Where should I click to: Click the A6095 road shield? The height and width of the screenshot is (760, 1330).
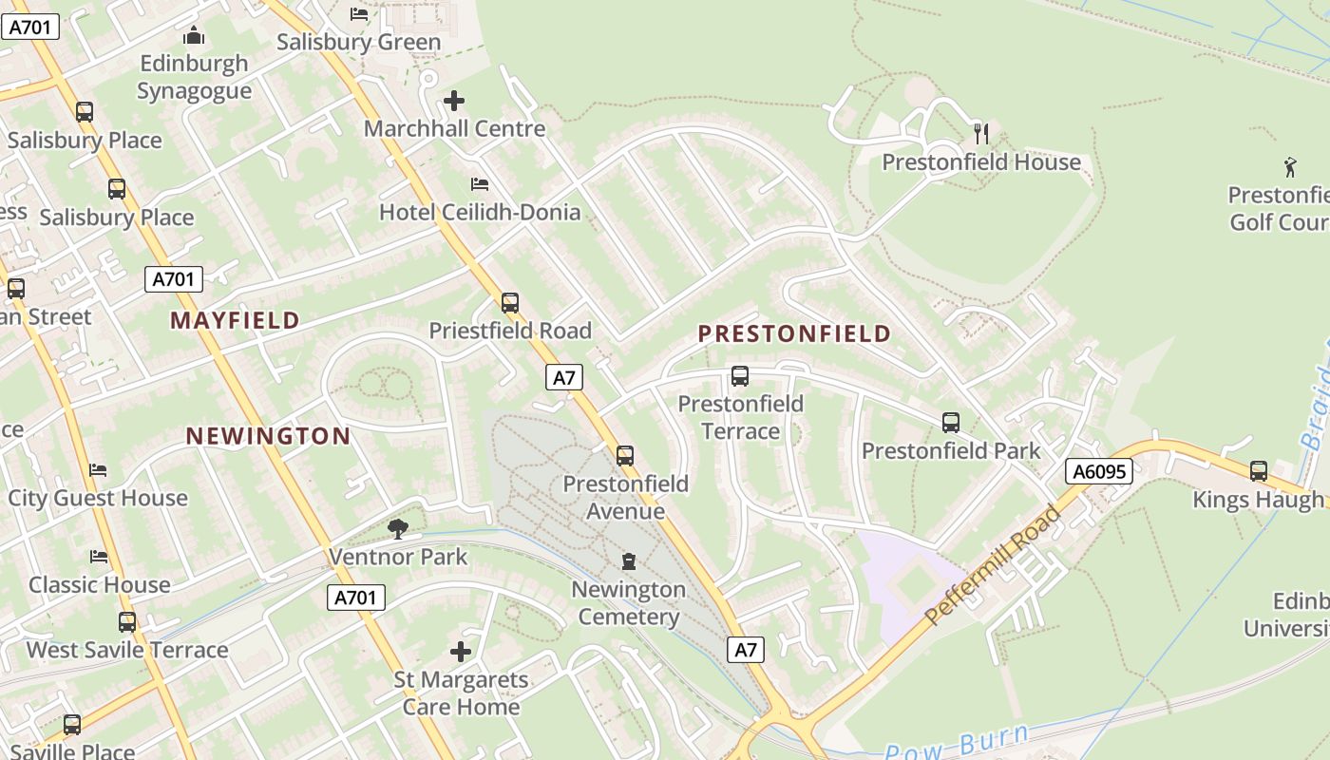click(x=1099, y=471)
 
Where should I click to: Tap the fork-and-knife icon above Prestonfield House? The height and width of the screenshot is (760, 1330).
click(x=981, y=133)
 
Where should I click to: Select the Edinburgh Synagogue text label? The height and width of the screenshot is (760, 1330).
click(x=194, y=77)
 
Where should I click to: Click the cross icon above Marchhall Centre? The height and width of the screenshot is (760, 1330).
click(x=454, y=100)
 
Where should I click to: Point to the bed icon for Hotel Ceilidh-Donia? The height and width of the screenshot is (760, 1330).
click(x=480, y=183)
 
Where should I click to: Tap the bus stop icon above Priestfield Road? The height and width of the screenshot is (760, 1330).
click(x=510, y=303)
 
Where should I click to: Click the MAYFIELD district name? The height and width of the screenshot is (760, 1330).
click(x=235, y=321)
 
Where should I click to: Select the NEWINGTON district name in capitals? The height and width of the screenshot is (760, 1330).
click(x=268, y=436)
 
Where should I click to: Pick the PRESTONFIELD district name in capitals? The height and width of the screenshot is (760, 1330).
click(x=794, y=333)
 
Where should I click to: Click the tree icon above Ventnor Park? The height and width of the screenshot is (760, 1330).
click(x=398, y=528)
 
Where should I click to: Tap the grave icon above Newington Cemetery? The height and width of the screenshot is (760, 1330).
click(x=628, y=561)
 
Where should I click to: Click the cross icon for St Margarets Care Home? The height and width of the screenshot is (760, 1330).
click(x=461, y=651)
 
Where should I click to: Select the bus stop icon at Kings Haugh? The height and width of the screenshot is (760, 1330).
click(x=1259, y=470)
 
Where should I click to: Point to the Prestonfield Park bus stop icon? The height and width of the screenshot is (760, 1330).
click(x=951, y=423)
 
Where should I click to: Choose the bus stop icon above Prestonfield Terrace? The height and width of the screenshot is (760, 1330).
click(x=740, y=376)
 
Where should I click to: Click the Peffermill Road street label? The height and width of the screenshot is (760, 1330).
click(x=993, y=565)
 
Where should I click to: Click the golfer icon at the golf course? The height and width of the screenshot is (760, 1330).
click(x=1290, y=167)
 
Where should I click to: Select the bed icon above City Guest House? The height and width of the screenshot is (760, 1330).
click(x=98, y=470)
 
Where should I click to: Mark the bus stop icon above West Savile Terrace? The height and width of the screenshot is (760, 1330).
click(x=127, y=622)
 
